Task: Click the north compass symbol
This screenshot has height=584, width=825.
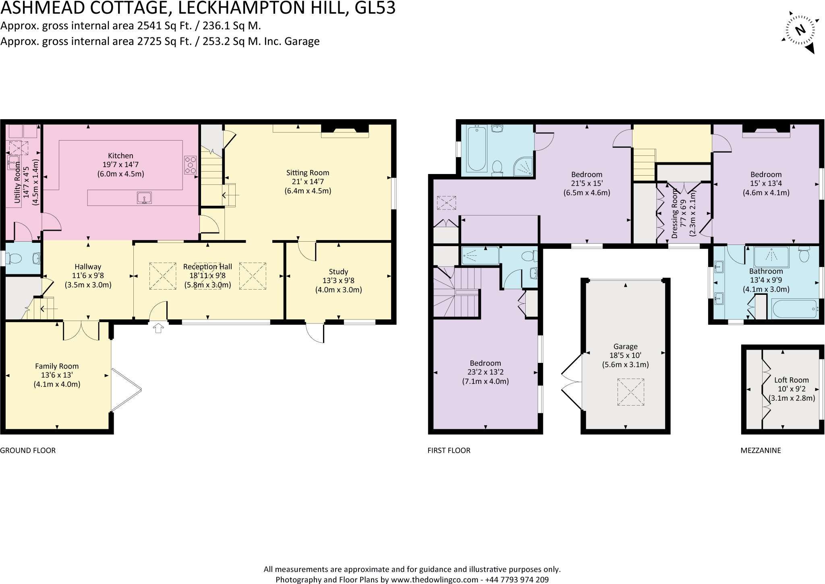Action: (800, 31)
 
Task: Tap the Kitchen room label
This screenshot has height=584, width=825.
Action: (120, 156)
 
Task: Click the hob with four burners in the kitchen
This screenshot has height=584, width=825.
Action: (191, 165)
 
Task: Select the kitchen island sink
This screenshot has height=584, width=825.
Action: (144, 198)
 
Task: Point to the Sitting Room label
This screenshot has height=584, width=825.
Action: (307, 173)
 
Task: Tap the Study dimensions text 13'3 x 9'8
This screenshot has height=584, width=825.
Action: (338, 281)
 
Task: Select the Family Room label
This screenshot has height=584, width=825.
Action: (57, 366)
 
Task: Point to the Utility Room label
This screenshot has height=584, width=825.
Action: (17, 184)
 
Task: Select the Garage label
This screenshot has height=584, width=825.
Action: (625, 346)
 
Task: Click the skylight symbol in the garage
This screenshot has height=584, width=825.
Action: (631, 392)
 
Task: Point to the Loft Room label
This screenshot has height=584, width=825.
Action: (791, 380)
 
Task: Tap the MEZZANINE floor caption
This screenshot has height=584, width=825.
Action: (761, 450)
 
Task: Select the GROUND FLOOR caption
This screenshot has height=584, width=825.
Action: (28, 450)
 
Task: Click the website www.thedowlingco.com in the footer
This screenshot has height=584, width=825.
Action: (435, 580)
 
